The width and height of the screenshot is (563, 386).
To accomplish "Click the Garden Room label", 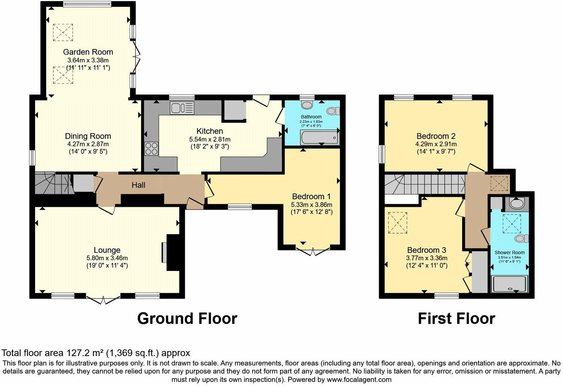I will pos(88,52).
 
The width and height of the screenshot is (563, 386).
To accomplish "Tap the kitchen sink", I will pos(182,108).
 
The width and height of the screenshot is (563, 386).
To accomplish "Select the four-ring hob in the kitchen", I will pos(151,148).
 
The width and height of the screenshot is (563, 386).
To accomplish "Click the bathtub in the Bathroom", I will pos(319,138).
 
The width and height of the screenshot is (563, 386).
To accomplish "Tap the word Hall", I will pos(139,185).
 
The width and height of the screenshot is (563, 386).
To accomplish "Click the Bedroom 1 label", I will pos(311,196).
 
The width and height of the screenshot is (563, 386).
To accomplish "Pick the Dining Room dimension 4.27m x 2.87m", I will pos(88,144).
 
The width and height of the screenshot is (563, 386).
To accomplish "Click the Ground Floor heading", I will pos(187,318).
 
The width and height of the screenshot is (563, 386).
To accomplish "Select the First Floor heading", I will pos(456,318).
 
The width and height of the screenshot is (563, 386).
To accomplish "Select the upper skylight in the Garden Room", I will pos(63,32).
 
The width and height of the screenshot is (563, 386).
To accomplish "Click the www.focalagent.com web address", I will pos(359,380).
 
